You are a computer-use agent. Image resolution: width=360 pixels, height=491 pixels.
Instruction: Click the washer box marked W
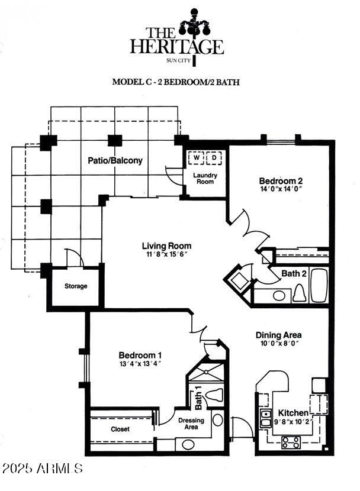[196, 158]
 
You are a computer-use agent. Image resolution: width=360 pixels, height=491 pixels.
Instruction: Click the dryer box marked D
[214, 158]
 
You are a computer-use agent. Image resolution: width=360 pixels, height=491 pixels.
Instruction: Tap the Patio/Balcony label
[115, 161]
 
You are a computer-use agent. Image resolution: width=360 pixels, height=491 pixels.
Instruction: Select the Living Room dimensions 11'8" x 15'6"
[167, 254]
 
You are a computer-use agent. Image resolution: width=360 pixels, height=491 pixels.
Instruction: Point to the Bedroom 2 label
[281, 181]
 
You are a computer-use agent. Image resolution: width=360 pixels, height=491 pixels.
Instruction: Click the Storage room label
[76, 286]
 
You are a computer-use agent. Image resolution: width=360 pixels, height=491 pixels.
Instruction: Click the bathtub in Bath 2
[319, 285]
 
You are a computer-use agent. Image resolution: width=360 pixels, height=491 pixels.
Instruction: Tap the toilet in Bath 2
[299, 293]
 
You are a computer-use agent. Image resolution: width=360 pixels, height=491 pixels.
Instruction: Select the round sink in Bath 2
[279, 296]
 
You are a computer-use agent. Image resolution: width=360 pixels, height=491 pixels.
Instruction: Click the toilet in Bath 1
[214, 394]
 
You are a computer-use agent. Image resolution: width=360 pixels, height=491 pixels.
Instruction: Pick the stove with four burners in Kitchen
[291, 442]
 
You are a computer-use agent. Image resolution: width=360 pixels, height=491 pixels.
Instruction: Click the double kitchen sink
[266, 419]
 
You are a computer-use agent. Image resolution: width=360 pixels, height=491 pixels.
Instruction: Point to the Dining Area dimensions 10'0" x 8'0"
[278, 343]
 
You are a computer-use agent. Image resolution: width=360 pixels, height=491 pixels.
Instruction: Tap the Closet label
[120, 429]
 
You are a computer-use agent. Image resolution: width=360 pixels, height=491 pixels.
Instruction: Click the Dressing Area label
[191, 424]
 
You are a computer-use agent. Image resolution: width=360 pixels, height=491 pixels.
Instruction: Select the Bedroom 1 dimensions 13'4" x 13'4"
[140, 364]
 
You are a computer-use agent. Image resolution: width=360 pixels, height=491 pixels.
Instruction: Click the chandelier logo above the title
[194, 25]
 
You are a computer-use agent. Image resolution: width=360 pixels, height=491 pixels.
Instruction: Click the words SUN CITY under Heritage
[178, 61]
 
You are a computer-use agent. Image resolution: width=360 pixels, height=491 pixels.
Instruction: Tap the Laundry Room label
[205, 178]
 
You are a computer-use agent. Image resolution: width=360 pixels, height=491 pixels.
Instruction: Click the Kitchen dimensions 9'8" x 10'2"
[293, 422]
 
